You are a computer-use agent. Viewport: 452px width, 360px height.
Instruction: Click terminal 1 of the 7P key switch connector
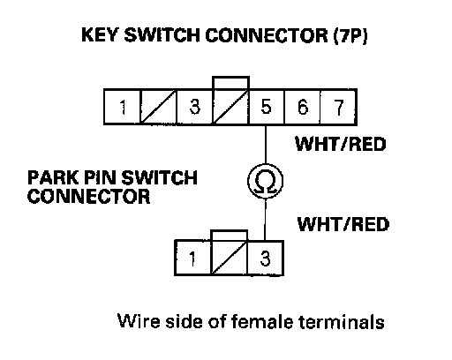(122, 107)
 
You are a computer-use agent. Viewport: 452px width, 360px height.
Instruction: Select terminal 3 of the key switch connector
(194, 107)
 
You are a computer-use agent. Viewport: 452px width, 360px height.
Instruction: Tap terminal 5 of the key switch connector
(267, 107)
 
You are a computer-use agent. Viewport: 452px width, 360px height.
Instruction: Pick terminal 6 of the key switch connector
(302, 107)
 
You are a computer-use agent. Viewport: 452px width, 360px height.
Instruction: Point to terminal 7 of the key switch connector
(338, 107)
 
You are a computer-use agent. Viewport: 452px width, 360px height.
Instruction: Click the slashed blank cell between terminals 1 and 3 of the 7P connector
(158, 107)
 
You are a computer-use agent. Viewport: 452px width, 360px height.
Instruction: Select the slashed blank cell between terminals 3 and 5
(230, 107)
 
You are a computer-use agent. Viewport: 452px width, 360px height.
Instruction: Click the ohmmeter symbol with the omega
(266, 181)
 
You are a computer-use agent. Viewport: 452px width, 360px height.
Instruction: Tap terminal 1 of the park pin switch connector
(192, 258)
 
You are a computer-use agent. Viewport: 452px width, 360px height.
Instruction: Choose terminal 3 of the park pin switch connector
(266, 258)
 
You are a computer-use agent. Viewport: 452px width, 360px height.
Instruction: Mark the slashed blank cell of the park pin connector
(230, 258)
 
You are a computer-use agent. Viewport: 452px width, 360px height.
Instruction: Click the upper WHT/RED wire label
(341, 144)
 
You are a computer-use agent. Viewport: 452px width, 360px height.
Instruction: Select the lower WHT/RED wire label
(343, 224)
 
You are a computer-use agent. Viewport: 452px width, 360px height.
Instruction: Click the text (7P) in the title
(350, 35)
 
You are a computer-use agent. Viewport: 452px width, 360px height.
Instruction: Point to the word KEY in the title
(100, 34)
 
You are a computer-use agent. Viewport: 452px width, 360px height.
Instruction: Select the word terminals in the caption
(342, 321)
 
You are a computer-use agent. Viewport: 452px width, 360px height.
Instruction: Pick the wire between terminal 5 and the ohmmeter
(266, 144)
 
